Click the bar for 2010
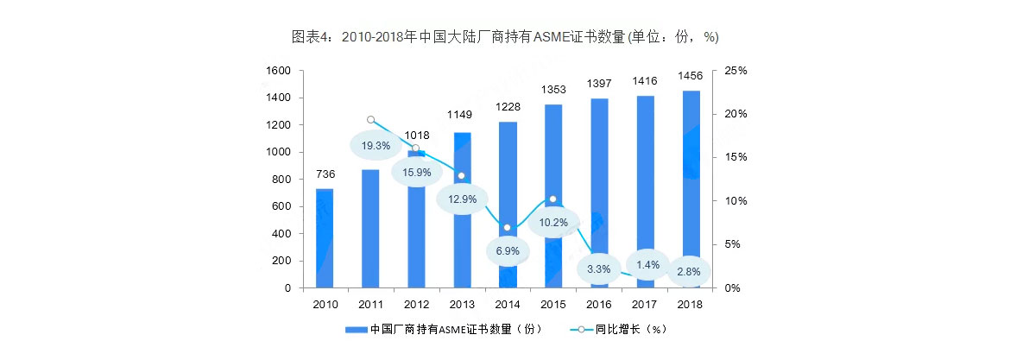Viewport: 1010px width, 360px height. tap(325, 237)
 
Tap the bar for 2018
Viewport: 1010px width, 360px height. tap(691, 189)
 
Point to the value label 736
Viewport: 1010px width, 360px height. tap(325, 174)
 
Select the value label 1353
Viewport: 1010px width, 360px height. tap(553, 89)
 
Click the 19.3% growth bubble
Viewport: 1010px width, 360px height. tap(376, 146)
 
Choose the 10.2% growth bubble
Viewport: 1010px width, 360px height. tap(553, 222)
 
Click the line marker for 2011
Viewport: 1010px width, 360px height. tap(370, 120)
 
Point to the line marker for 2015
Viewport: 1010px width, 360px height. tap(553, 199)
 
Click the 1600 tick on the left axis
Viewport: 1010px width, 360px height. tap(279, 71)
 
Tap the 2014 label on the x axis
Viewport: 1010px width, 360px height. tap(508, 304)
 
